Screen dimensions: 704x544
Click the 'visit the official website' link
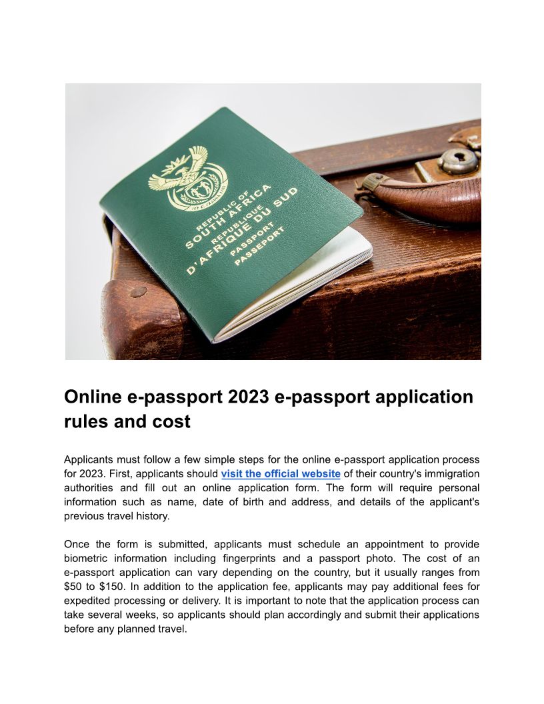[281, 474]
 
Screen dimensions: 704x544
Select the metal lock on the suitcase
[458, 161]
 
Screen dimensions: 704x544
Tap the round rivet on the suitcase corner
[139, 291]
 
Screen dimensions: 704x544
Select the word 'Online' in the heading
[93, 397]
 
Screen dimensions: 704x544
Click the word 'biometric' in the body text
[88, 558]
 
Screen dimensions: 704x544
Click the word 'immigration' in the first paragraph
[449, 474]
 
